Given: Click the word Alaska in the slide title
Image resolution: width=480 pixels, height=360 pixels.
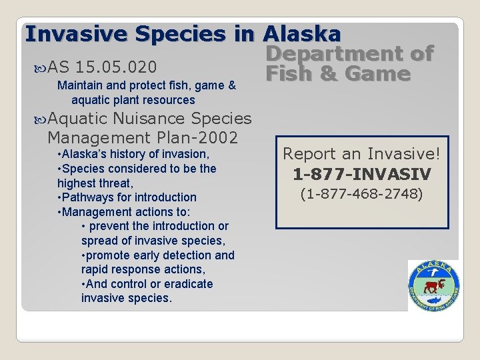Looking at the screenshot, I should [303, 33].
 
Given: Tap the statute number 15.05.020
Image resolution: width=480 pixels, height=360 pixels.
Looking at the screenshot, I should [117, 67].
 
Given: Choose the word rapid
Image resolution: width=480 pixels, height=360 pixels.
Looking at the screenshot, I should [95, 269].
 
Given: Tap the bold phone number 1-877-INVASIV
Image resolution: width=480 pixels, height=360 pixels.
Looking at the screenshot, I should [362, 175].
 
